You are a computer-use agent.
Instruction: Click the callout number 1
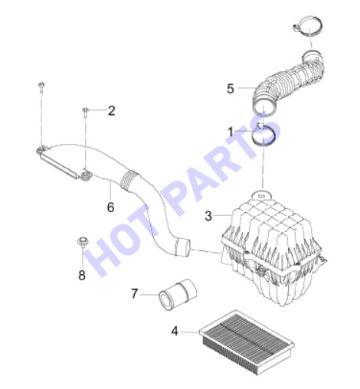click(231, 132)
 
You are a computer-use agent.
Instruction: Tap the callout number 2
click(111, 111)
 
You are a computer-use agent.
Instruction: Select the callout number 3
click(208, 216)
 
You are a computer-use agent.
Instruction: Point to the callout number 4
click(175, 331)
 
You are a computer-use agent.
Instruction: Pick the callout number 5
click(231, 89)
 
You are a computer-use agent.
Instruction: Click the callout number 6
click(110, 207)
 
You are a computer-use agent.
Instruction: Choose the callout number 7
click(134, 293)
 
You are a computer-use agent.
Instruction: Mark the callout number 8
click(82, 275)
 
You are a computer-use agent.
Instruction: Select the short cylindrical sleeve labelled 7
click(178, 294)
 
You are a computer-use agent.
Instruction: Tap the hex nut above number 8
click(83, 242)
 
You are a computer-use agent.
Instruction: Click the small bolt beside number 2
click(86, 113)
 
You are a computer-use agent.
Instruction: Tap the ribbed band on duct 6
click(129, 180)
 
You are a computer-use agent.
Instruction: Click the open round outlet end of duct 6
click(183, 247)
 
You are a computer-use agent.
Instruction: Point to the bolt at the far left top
click(41, 87)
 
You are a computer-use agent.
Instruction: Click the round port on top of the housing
click(262, 196)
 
